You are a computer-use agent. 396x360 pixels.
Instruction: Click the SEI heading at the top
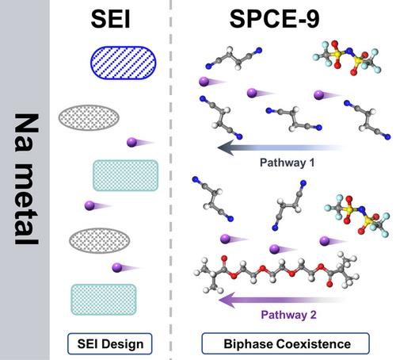(x=110, y=19)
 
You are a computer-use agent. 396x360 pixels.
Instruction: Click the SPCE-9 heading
(x=275, y=19)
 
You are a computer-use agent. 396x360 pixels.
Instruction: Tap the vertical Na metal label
(x=26, y=179)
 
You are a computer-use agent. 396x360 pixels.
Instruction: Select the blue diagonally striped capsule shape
(x=124, y=63)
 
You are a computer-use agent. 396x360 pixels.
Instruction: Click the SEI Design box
(x=110, y=344)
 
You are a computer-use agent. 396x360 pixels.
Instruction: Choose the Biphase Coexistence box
(x=285, y=343)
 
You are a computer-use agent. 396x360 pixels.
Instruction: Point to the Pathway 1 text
(x=287, y=163)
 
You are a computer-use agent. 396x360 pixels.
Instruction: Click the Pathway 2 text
(x=288, y=315)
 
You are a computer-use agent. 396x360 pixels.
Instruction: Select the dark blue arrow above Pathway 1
(x=281, y=147)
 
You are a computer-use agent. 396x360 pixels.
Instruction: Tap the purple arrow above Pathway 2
(x=282, y=300)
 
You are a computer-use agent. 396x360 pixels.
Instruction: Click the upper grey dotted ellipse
(x=89, y=117)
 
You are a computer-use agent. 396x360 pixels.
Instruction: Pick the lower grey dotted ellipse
(x=100, y=240)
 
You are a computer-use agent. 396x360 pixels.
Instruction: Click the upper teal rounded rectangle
(x=126, y=175)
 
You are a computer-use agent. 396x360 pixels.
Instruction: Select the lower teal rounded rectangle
(x=104, y=300)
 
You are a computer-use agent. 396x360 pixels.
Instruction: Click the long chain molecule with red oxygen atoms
(x=276, y=273)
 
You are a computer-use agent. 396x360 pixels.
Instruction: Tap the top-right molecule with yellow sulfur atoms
(x=346, y=59)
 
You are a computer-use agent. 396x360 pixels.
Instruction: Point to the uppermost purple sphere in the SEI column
(x=131, y=142)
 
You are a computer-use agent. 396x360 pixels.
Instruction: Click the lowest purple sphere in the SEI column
(x=117, y=267)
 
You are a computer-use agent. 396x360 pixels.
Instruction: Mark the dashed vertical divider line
(x=171, y=180)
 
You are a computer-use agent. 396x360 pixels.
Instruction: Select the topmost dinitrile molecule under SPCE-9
(x=234, y=59)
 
